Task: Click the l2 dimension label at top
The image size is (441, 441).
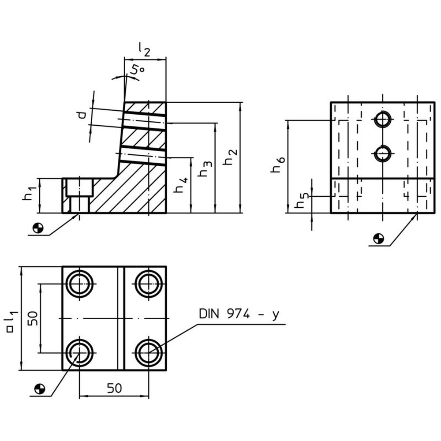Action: point(144,50)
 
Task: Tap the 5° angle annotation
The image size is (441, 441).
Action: point(138,69)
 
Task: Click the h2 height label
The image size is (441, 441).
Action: point(230,157)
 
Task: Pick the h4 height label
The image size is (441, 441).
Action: point(180,184)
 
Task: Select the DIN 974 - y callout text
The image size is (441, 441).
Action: point(239,314)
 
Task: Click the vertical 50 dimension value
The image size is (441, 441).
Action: point(33,318)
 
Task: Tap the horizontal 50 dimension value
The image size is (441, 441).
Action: point(115,388)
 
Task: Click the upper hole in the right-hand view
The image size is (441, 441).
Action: point(383,120)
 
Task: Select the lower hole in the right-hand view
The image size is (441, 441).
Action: point(383,153)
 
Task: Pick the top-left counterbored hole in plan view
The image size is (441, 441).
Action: point(80,284)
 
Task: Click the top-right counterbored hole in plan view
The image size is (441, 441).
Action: point(149,284)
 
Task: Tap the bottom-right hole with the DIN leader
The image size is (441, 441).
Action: point(149,352)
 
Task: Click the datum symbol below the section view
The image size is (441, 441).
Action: point(38,228)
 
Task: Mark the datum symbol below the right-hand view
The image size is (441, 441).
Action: point(378,239)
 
